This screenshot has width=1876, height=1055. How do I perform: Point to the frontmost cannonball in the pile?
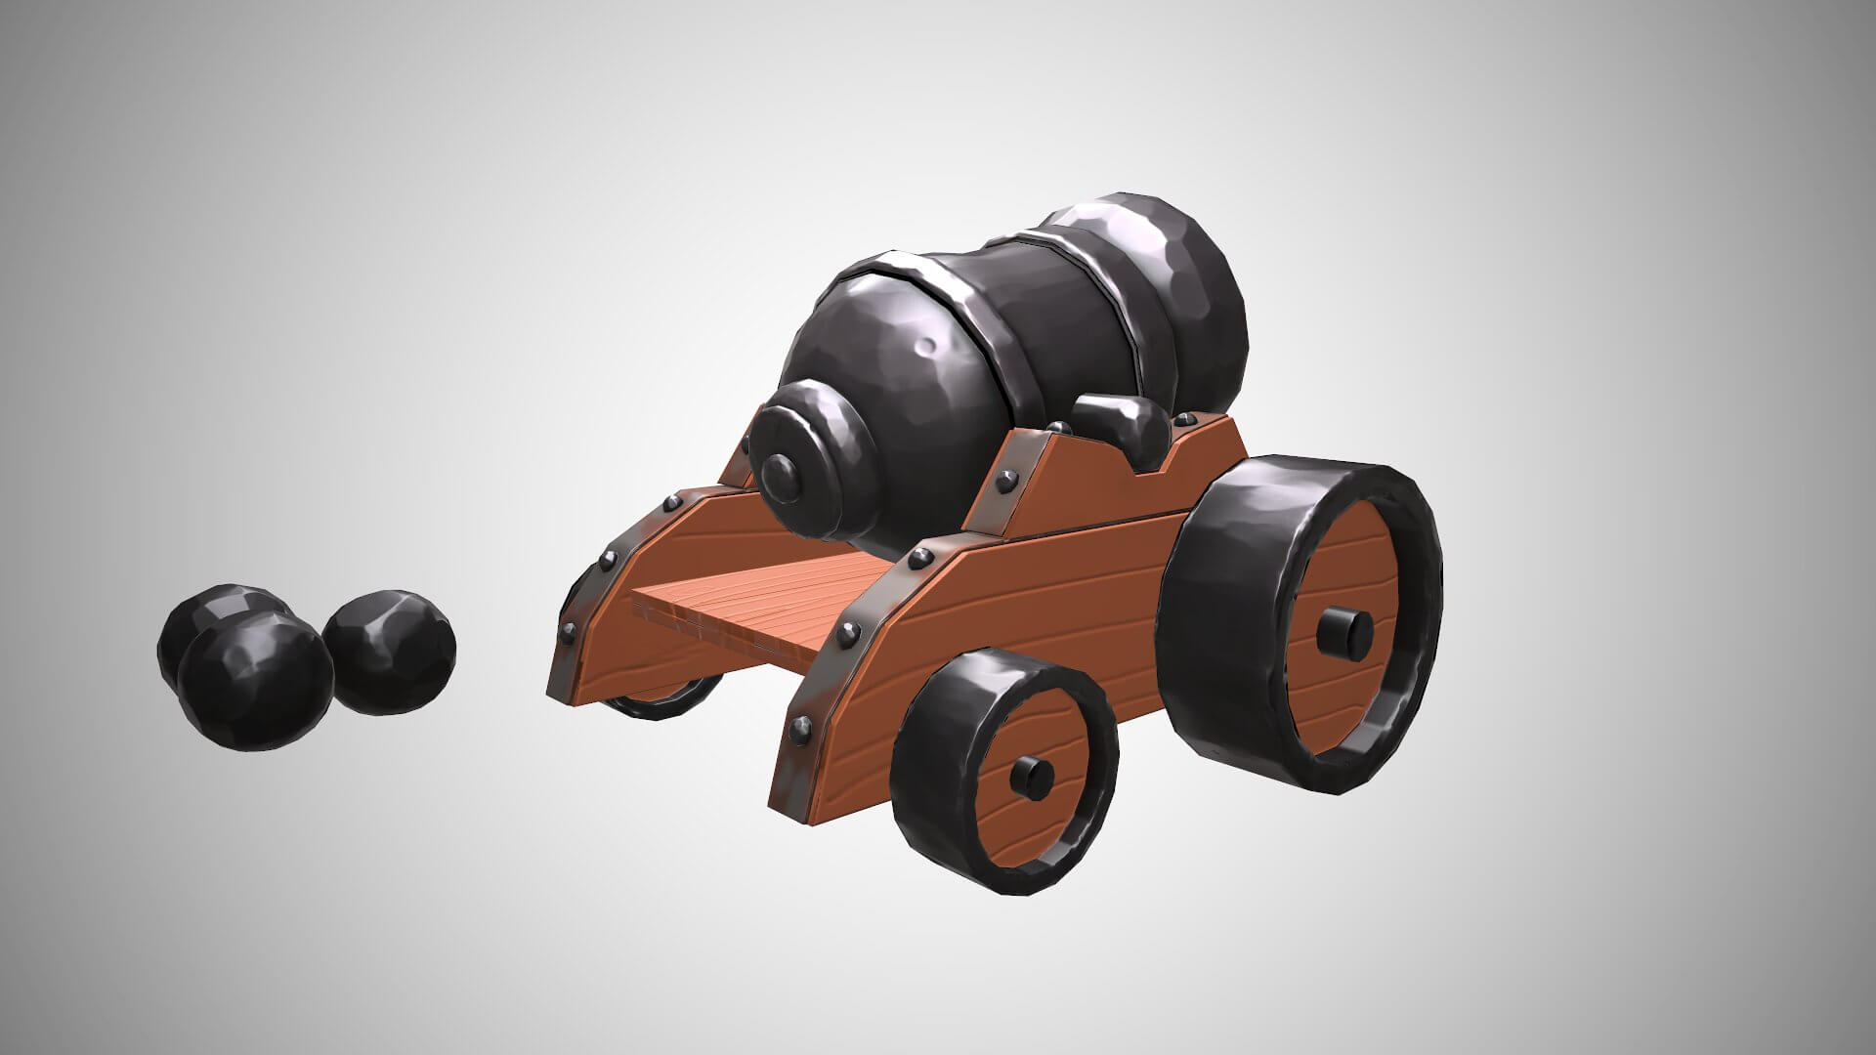[256, 682]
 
